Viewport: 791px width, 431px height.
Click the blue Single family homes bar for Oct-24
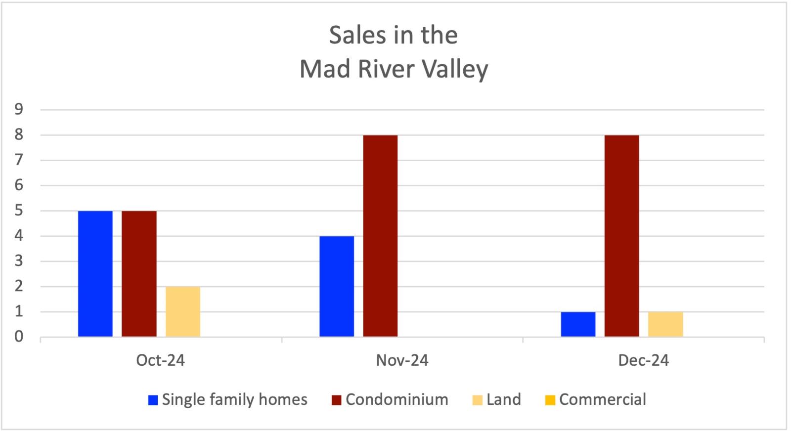click(95, 274)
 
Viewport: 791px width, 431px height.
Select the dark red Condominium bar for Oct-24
click(139, 274)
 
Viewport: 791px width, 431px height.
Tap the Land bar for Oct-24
click(182, 311)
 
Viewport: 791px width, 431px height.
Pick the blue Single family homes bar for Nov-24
click(337, 287)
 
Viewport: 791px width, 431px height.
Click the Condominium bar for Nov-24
click(380, 236)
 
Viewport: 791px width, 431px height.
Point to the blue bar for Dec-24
click(578, 324)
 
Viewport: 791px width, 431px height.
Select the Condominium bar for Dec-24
click(621, 236)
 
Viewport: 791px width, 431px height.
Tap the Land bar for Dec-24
click(665, 324)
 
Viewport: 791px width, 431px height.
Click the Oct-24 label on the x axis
click(160, 360)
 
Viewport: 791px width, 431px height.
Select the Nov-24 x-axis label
click(402, 360)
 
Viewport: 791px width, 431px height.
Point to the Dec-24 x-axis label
click(643, 360)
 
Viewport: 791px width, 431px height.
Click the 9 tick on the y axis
click(19, 109)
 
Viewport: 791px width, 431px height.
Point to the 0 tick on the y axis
click(19, 337)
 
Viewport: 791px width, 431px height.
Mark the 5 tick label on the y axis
click(19, 211)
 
